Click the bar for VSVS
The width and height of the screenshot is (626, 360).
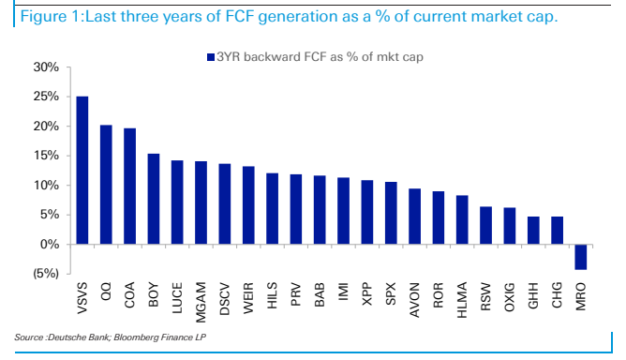[x=82, y=171]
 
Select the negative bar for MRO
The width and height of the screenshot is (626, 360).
[x=580, y=257]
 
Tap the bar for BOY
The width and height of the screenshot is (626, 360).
[x=154, y=199]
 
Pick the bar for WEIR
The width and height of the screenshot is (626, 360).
[x=248, y=205]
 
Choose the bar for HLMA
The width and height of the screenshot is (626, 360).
[x=462, y=219]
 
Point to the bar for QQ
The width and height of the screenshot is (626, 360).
[x=106, y=185]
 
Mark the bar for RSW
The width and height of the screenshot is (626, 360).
[x=485, y=225]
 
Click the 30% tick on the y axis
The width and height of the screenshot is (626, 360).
[x=46, y=67]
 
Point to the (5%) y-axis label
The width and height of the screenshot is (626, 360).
[x=46, y=274]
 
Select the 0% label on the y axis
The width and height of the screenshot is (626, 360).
[x=50, y=244]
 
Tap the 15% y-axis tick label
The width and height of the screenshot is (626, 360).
[x=46, y=156]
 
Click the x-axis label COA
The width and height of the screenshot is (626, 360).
[x=129, y=295]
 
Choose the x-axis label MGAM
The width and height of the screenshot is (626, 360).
[x=201, y=302]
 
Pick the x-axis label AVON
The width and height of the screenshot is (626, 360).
[x=414, y=300]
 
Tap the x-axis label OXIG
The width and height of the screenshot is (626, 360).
[x=510, y=297]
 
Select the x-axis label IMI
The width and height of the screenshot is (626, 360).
[x=343, y=292]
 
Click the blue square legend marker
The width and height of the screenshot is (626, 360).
[x=211, y=57]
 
